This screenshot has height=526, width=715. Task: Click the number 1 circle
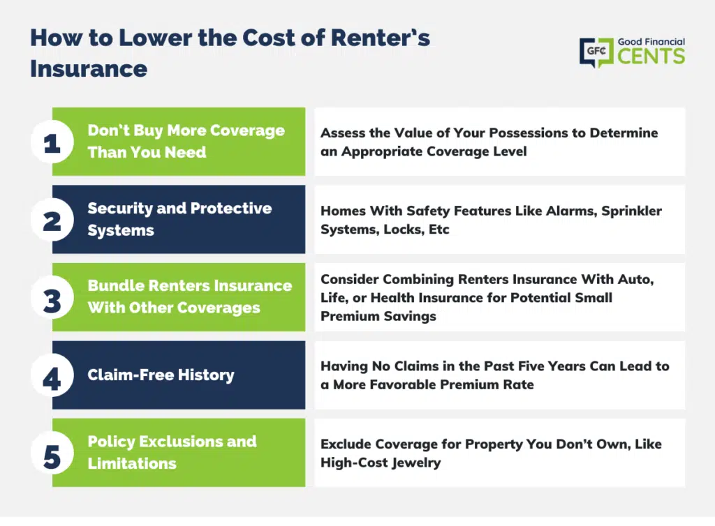click(x=52, y=142)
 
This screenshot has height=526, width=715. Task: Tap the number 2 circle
click(x=52, y=220)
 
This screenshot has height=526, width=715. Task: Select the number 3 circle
click(x=52, y=297)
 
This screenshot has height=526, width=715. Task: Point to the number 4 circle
click(x=52, y=375)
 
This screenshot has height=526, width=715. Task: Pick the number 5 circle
click(x=52, y=453)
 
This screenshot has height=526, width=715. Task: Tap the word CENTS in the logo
click(x=651, y=57)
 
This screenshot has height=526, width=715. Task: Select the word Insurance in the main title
click(x=89, y=69)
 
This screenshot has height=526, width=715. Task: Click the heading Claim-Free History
click(x=161, y=375)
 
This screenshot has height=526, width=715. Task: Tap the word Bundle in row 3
click(x=116, y=285)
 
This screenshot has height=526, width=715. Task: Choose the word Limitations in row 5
click(x=132, y=463)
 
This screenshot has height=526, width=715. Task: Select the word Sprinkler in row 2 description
click(x=631, y=211)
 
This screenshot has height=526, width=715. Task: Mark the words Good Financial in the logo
click(x=651, y=42)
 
